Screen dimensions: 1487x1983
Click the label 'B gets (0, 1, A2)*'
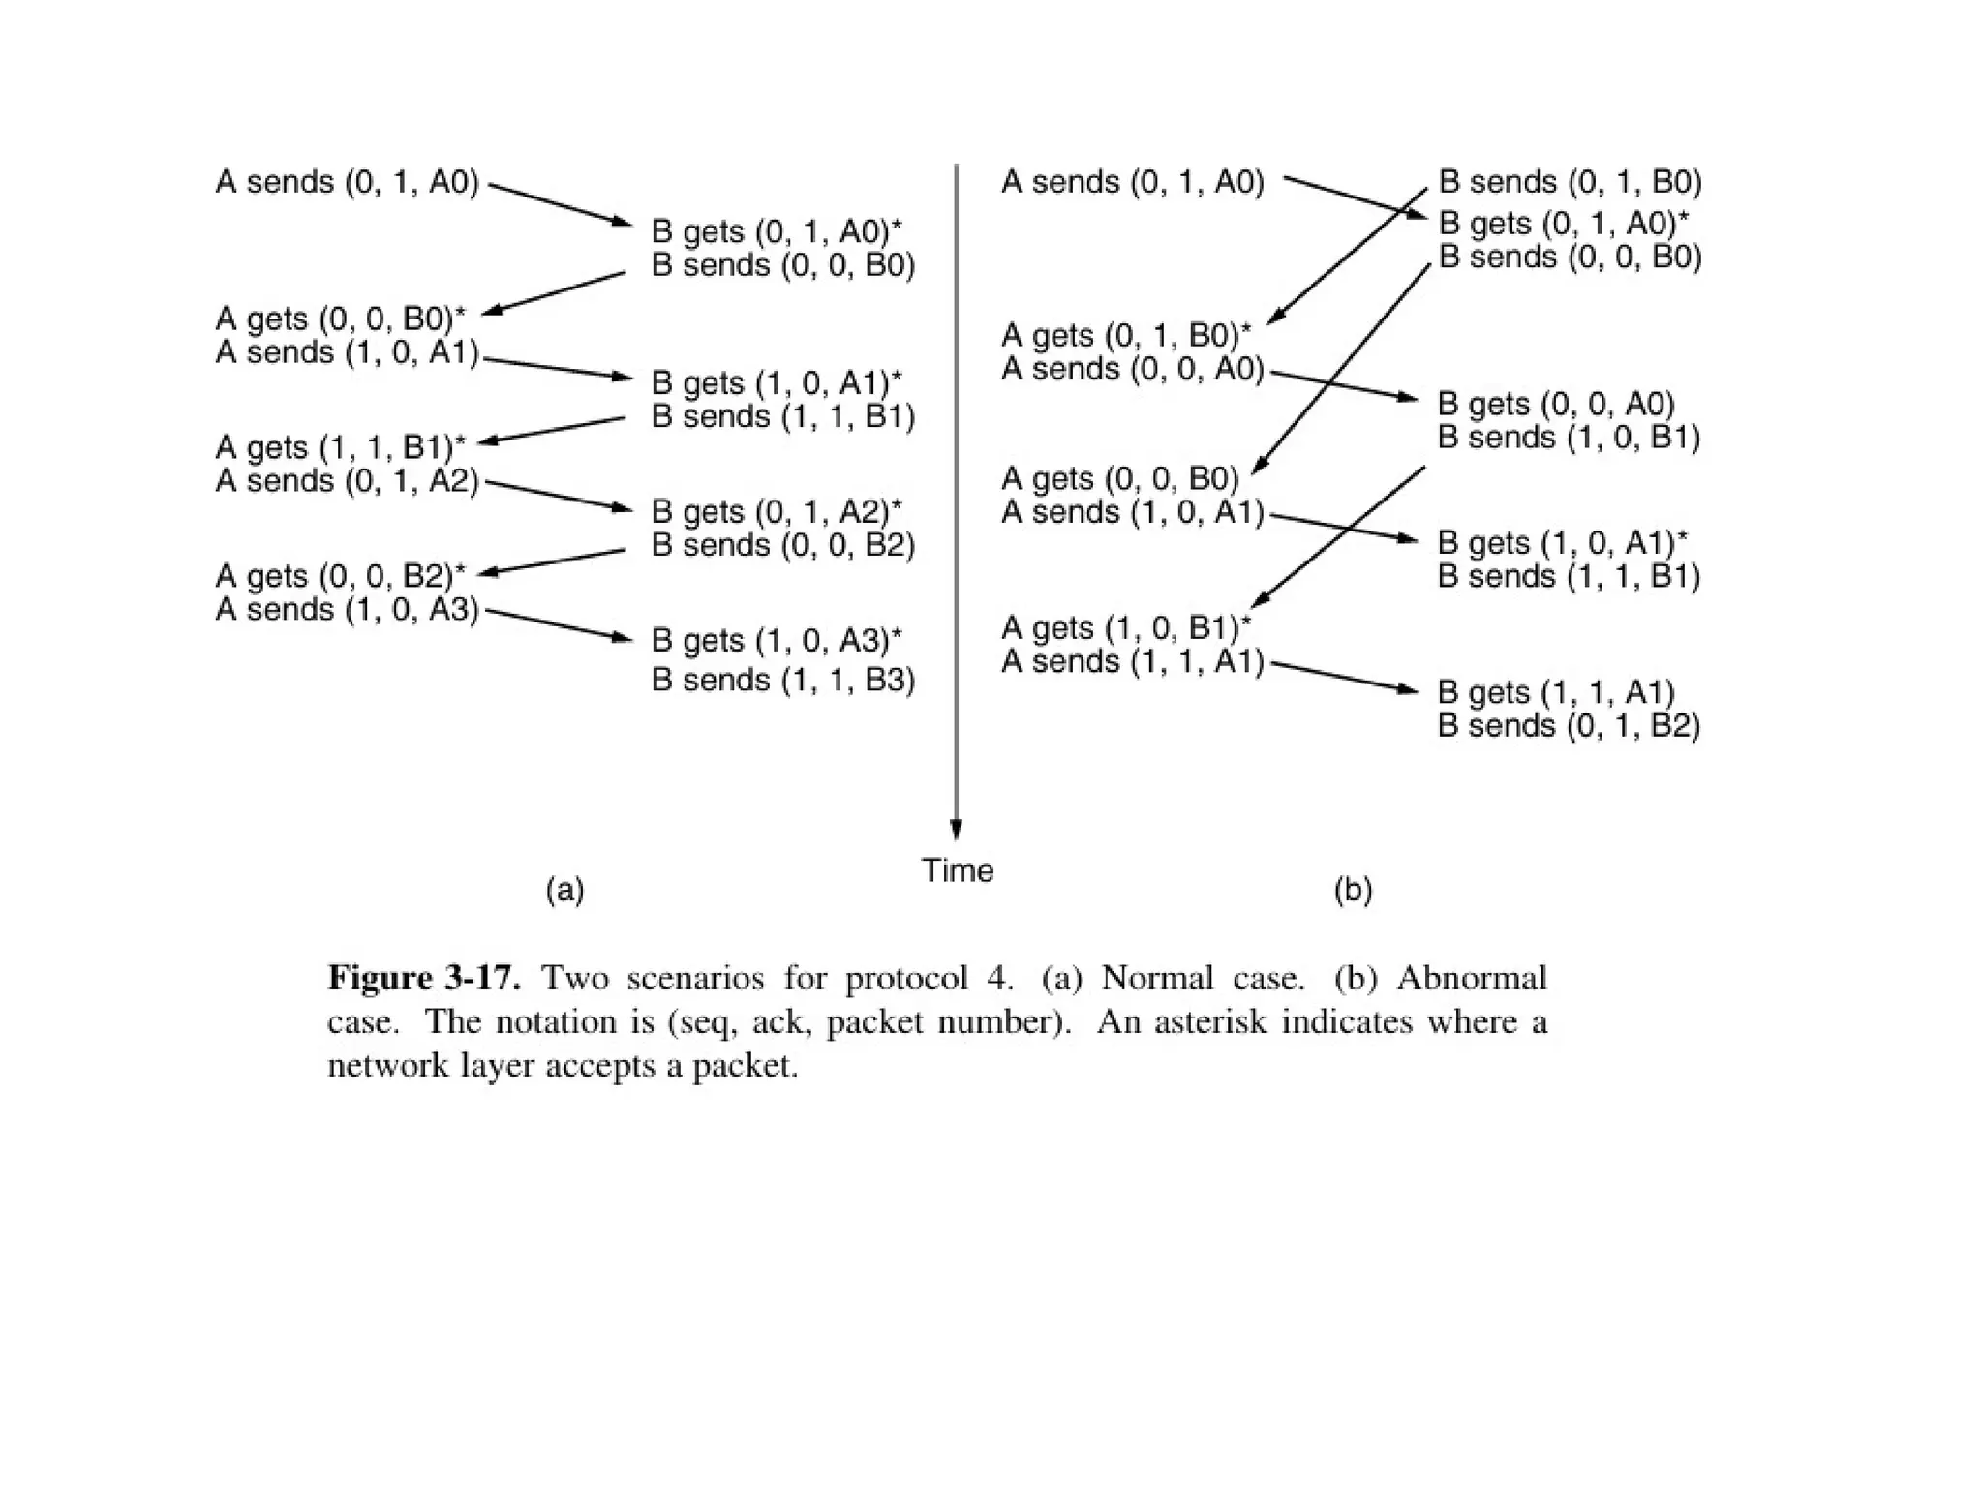coord(776,511)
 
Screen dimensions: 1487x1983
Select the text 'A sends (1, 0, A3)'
coord(347,610)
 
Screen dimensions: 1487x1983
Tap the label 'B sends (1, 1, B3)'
coord(782,680)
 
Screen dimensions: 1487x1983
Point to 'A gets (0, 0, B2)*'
coord(340,576)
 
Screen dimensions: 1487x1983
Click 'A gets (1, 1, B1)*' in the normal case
coord(340,447)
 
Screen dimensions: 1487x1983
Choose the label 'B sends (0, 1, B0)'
coord(1570,182)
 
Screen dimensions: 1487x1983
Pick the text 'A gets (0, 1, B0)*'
coord(1125,336)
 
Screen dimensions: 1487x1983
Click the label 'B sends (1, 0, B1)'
coord(1569,438)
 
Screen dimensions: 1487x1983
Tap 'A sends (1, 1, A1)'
coord(1132,661)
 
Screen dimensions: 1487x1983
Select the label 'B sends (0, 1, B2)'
coord(1569,726)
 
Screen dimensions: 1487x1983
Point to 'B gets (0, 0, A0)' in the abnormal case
coord(1555,404)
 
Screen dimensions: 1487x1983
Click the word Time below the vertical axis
coord(957,871)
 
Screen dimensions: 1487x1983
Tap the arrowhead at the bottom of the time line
coord(956,830)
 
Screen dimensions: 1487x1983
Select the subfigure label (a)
coord(564,890)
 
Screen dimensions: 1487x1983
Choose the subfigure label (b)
coord(1353,890)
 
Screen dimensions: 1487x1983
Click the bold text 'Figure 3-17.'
coord(424,978)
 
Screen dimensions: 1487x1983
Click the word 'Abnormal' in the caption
coord(1471,978)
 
